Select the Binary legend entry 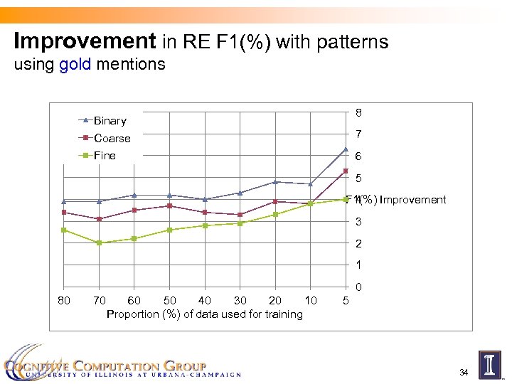[110, 121]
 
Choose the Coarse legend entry [112, 138]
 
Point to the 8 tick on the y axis [360, 112]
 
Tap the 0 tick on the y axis [360, 288]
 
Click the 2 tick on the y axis [360, 244]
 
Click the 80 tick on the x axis [63, 301]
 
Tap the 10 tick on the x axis [310, 301]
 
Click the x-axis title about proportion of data [204, 314]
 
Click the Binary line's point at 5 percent [346, 149]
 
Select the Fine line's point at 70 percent [99, 242]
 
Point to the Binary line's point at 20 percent [275, 182]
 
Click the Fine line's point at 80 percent [63, 230]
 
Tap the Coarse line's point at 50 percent [169, 206]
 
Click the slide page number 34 [464, 373]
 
